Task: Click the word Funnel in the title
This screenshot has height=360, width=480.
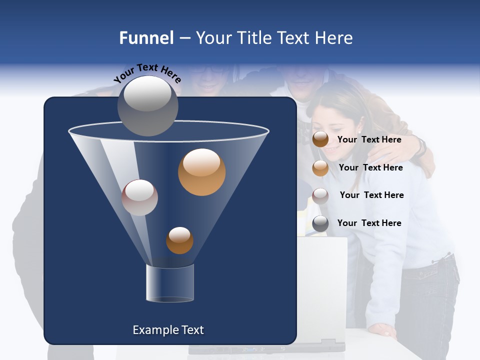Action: pyautogui.click(x=146, y=38)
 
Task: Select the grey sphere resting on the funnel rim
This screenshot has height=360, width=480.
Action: pyautogui.click(x=147, y=105)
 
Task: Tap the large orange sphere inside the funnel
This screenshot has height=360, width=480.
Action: pyautogui.click(x=201, y=172)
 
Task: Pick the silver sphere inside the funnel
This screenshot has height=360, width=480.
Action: pyautogui.click(x=139, y=197)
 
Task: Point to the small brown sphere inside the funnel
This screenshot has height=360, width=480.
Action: pyautogui.click(x=179, y=240)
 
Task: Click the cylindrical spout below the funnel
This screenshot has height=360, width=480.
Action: pyautogui.click(x=169, y=283)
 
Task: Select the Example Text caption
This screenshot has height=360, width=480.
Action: pyautogui.click(x=168, y=330)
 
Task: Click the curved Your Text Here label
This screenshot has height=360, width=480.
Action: pyautogui.click(x=147, y=73)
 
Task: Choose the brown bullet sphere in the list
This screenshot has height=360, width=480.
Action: pyautogui.click(x=320, y=139)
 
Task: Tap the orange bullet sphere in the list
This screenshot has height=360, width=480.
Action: pyautogui.click(x=320, y=168)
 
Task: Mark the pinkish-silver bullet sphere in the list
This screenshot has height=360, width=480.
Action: pyautogui.click(x=320, y=196)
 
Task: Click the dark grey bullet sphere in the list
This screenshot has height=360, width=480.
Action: pyautogui.click(x=320, y=223)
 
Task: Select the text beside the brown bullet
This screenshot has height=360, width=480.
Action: pyautogui.click(x=369, y=139)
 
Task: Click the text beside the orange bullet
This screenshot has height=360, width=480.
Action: pyautogui.click(x=370, y=167)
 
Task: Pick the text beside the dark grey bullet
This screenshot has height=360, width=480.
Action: pyautogui.click(x=369, y=223)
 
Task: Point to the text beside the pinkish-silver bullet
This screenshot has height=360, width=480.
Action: pyautogui.click(x=371, y=195)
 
